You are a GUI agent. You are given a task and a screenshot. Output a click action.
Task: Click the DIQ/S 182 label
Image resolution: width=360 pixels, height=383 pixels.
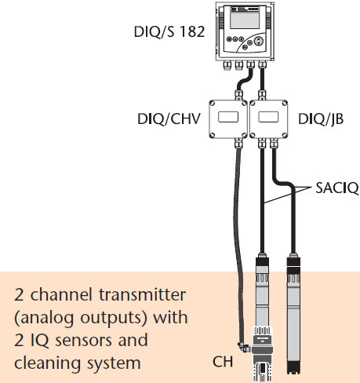point(169,32)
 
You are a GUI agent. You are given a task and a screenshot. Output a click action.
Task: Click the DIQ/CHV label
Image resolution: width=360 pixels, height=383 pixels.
point(169,119)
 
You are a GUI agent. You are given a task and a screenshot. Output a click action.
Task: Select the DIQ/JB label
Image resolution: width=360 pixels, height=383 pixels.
point(321,119)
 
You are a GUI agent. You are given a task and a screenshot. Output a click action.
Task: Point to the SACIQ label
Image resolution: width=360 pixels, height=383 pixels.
point(337,188)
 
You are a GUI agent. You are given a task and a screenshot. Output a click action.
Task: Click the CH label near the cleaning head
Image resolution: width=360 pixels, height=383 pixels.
point(223,362)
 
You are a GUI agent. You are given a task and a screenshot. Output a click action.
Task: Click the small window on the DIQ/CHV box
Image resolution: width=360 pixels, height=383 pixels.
point(228,117)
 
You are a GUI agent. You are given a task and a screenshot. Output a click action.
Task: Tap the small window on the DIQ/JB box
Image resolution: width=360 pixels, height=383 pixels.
point(268,117)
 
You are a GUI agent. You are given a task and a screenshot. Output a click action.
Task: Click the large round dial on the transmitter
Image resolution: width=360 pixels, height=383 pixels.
point(258,41)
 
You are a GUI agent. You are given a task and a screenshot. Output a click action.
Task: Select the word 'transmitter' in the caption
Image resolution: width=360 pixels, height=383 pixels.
point(143,294)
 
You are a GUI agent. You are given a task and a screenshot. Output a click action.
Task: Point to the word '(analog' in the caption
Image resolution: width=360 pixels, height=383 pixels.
point(44,318)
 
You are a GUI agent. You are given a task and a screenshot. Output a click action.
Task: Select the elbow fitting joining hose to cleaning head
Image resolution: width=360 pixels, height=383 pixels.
point(244,348)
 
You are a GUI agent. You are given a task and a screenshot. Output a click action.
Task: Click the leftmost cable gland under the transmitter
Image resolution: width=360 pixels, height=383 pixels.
point(227,65)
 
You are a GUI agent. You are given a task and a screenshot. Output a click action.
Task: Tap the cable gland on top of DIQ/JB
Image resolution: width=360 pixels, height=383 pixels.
point(262,95)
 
